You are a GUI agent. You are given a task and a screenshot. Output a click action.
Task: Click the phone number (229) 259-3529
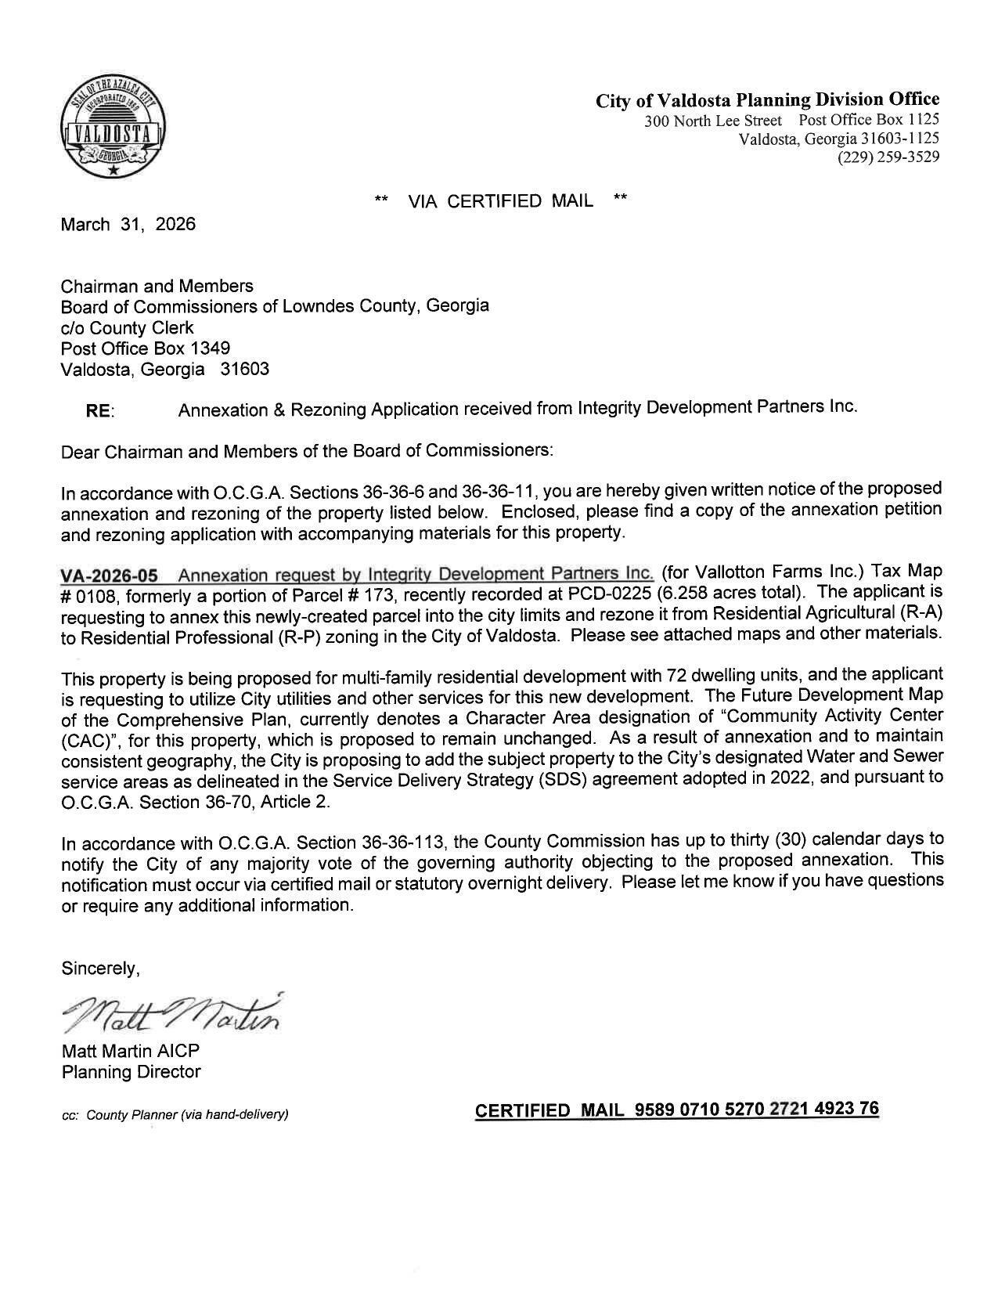[x=888, y=157]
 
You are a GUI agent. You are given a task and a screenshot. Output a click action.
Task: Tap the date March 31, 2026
[x=128, y=225]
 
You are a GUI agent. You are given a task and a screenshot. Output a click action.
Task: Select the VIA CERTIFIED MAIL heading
[x=500, y=201]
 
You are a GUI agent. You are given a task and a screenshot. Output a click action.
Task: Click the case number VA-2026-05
[x=109, y=576]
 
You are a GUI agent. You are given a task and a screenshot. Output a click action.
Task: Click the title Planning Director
[x=131, y=1072]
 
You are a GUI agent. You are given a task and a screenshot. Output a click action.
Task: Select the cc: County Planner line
[x=175, y=1114]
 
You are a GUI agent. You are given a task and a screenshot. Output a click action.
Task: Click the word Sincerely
[x=101, y=969]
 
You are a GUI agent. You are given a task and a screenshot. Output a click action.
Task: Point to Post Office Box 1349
[x=146, y=348]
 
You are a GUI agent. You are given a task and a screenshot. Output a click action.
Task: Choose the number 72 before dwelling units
[x=675, y=675]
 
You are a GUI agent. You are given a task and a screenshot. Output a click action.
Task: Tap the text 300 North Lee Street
[x=712, y=121]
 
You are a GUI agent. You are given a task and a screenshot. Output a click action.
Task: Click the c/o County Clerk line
[x=128, y=327]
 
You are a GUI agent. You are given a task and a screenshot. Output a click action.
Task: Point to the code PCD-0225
[x=611, y=594]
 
